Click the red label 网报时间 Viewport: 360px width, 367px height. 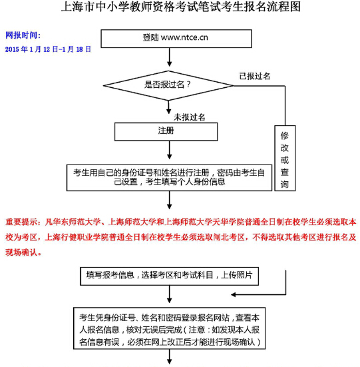[x=23, y=34]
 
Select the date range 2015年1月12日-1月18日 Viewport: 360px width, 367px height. [x=48, y=49]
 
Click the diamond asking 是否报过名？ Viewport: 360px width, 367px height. [x=169, y=85]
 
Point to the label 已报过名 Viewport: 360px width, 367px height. [x=255, y=76]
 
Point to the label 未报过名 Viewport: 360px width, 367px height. [x=190, y=117]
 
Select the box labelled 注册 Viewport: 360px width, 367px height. [x=166, y=131]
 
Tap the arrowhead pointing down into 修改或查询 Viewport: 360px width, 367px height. [x=285, y=119]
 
